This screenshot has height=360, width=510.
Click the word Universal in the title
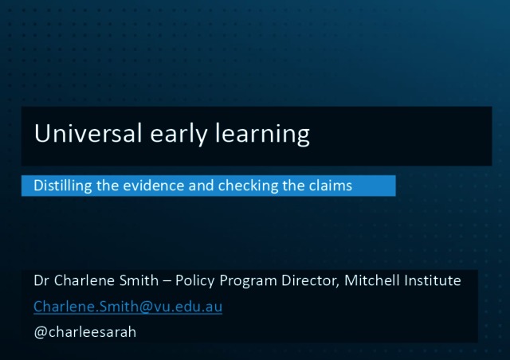point(88,133)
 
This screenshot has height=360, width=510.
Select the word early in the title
point(178,135)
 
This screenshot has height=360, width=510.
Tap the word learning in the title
point(262,135)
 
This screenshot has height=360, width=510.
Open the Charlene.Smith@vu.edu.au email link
point(127,307)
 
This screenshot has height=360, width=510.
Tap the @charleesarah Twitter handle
point(85,332)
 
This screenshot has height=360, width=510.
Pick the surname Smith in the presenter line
point(139,280)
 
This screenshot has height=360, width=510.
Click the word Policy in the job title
point(194,281)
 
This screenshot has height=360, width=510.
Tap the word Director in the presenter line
point(310,281)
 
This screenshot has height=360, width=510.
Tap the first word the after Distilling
point(108,186)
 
